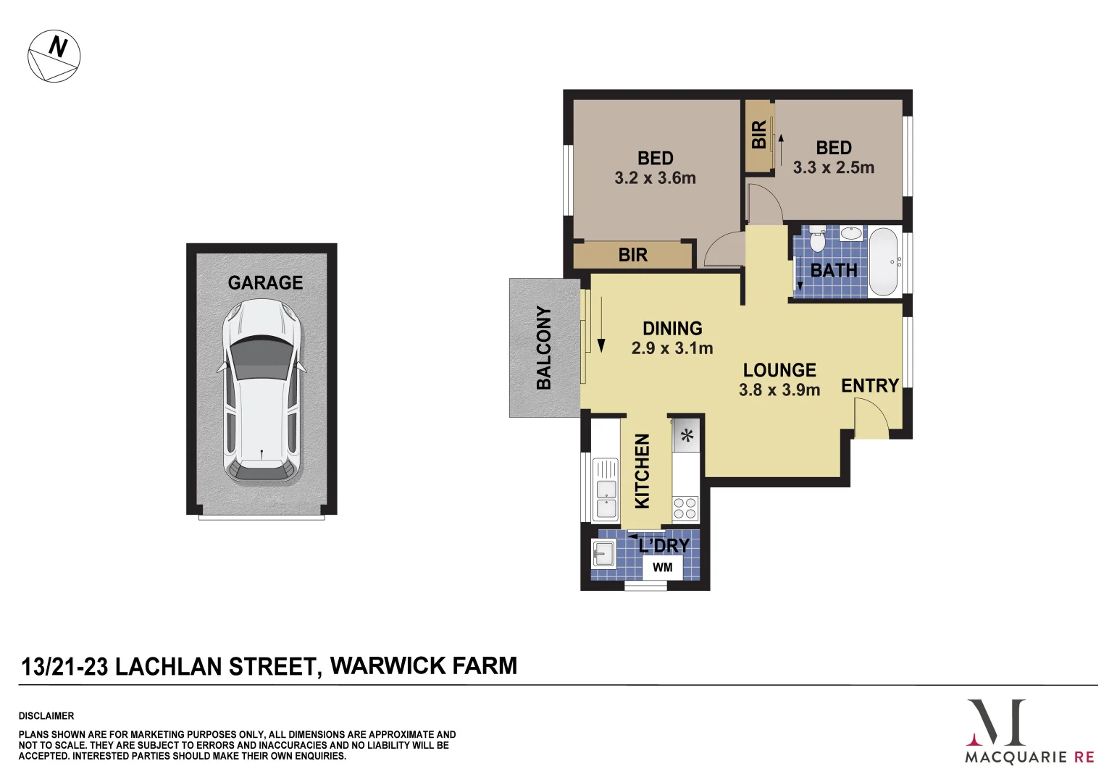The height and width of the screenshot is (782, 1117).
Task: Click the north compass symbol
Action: pos(54,56)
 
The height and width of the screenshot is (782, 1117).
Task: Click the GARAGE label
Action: pos(265,282)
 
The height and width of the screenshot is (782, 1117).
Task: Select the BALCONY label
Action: pos(544,348)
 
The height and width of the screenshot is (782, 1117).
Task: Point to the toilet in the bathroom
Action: pos(817,239)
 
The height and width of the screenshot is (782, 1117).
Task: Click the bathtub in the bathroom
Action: pos(883,262)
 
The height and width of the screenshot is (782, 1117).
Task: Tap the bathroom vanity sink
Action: pos(852,234)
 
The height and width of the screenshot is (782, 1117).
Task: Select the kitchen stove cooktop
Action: pos(685,508)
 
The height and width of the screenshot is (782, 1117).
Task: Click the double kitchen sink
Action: pos(606,489)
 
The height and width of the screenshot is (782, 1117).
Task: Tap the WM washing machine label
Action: pos(662,568)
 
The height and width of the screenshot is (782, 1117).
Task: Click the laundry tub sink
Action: pos(603,555)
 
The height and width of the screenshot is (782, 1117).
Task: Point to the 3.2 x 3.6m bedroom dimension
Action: pos(655,178)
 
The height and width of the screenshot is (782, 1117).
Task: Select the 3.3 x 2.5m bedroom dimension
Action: pos(833,168)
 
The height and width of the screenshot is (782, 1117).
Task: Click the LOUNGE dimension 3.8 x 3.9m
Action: pos(779,390)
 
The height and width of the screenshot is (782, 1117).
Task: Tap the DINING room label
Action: pos(672,328)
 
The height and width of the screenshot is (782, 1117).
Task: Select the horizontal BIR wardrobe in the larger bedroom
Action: pos(632,255)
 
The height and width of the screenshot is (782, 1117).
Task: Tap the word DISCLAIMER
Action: pos(46,715)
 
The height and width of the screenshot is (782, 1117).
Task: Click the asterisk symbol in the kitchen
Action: pos(687,436)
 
